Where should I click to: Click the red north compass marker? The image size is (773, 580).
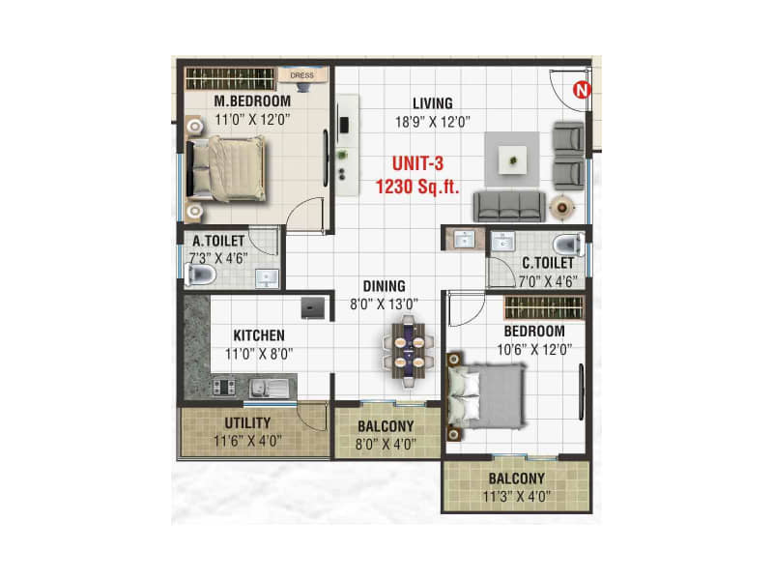click(x=581, y=91)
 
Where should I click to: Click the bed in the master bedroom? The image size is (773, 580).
click(x=228, y=168)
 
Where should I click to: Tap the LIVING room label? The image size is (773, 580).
click(x=432, y=103)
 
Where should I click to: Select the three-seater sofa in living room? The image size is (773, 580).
click(x=507, y=205)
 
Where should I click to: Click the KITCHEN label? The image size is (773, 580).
click(x=258, y=335)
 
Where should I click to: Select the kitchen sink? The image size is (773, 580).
click(x=267, y=389)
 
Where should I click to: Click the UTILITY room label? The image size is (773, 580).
click(x=247, y=423)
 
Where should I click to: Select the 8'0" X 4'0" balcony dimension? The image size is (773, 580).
click(x=386, y=444)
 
